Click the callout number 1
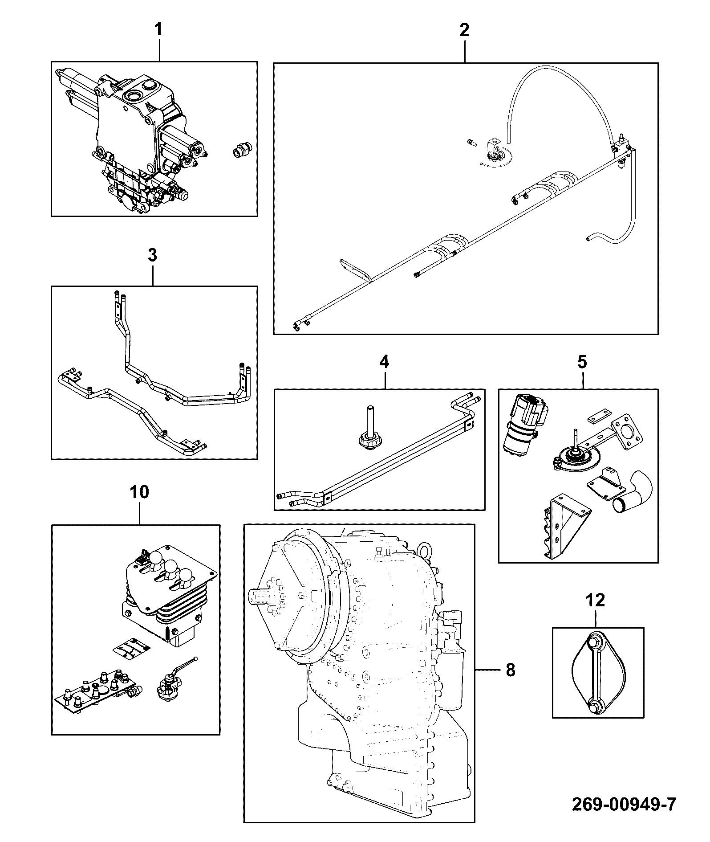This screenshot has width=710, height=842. tap(158, 30)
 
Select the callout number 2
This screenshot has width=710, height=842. tap(464, 30)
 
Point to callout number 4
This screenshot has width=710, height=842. tap(384, 362)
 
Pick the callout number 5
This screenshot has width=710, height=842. tap(582, 362)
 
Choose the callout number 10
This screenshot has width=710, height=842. tap(139, 492)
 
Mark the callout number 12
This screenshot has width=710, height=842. tap(596, 601)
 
